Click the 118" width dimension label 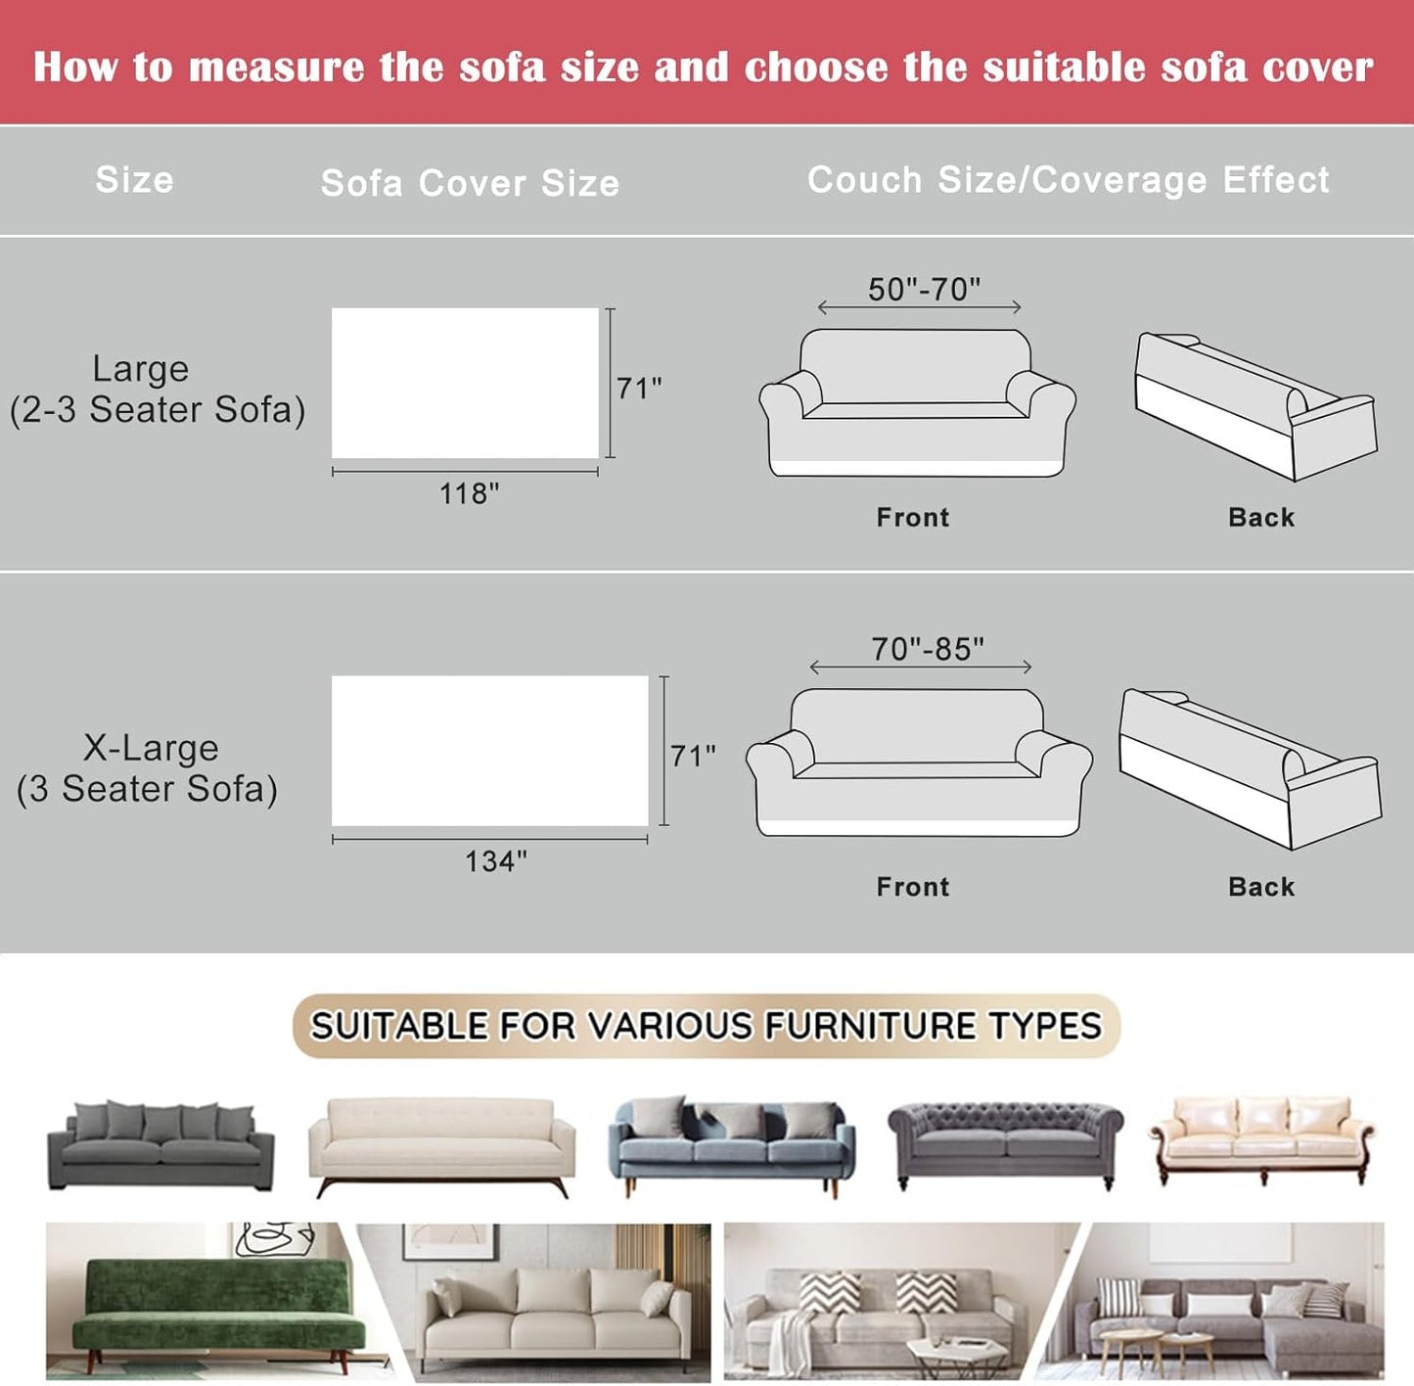(x=469, y=493)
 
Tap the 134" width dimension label (x=495, y=861)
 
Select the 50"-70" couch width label (x=923, y=290)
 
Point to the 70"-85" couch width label (x=927, y=649)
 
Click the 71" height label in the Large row (x=639, y=389)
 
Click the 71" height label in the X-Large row (x=693, y=756)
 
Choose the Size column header (x=134, y=180)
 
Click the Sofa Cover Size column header (x=470, y=183)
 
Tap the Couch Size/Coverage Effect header (x=1068, y=180)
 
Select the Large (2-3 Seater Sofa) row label (x=157, y=389)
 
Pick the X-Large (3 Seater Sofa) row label (x=148, y=767)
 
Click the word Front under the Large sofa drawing (x=912, y=517)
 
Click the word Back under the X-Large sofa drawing (x=1260, y=887)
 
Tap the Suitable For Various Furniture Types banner (x=706, y=1026)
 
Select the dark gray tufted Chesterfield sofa (x=1005, y=1141)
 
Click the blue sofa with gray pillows (x=731, y=1143)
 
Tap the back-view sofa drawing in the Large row (x=1254, y=405)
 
